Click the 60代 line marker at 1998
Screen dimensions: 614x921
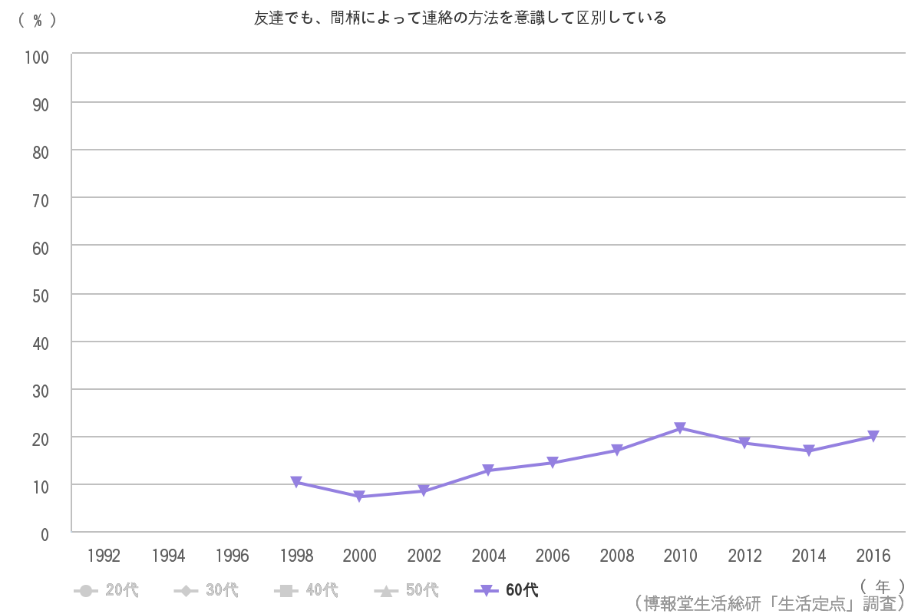point(296,482)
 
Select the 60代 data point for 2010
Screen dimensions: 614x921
point(680,428)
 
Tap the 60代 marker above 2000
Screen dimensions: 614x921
point(360,497)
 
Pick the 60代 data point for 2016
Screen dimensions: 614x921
point(873,437)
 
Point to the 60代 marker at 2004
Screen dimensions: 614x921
point(488,470)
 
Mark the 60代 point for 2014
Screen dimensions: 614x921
point(809,451)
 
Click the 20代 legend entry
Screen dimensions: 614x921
point(107,590)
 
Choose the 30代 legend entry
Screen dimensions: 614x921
point(206,590)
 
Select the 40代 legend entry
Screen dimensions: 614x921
point(306,590)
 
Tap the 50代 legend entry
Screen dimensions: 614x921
point(407,590)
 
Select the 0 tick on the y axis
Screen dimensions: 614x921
point(45,534)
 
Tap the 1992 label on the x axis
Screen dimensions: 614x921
point(104,556)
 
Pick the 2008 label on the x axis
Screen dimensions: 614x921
point(616,556)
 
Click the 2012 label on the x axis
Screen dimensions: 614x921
point(744,556)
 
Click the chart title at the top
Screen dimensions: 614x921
point(460,18)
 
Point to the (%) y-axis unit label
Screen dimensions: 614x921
point(37,21)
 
